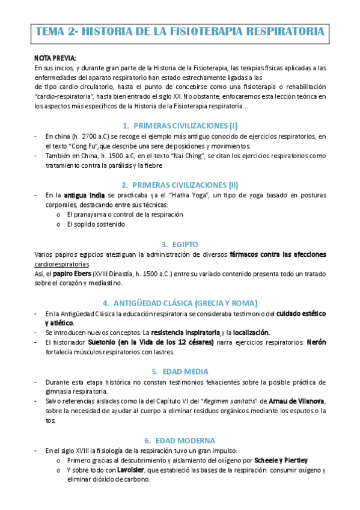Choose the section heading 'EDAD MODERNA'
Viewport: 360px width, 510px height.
[x=185, y=440]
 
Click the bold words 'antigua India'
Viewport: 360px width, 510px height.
[x=84, y=195]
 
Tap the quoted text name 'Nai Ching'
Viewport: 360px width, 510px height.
[x=186, y=156]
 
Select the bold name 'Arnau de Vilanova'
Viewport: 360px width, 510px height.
[x=284, y=401]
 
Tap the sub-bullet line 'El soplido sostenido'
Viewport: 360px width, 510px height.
[x=96, y=224]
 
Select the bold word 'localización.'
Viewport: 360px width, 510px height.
[x=251, y=333]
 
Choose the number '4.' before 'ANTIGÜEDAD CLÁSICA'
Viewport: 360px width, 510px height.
[x=106, y=303]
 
